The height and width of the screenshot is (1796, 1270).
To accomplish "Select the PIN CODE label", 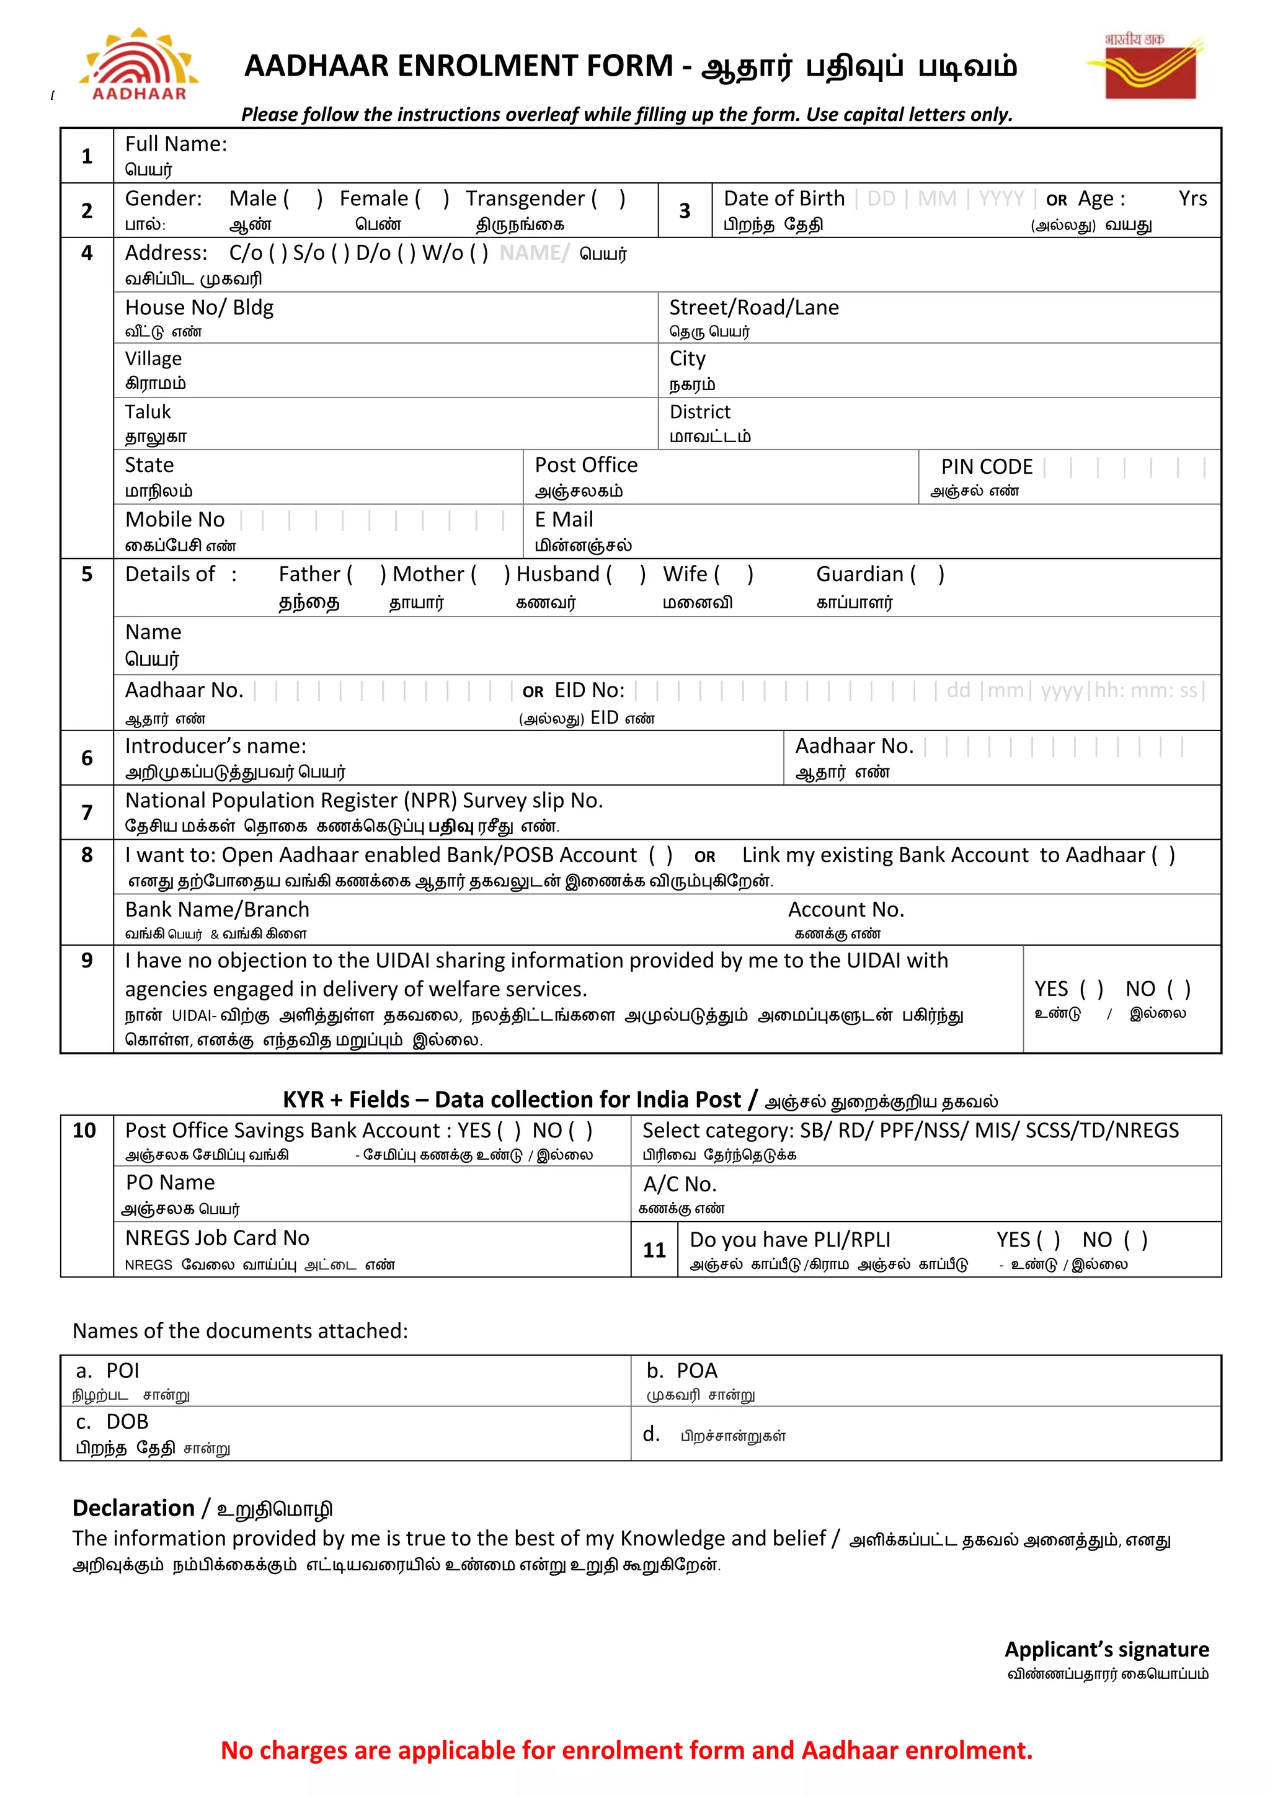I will point(986,467).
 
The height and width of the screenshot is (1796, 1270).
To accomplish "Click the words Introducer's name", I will point(216,746).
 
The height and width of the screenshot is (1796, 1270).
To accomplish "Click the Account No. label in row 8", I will point(845,910).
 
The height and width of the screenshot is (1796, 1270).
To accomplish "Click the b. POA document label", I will point(681,1371).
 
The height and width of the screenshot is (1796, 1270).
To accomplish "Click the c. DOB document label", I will point(112,1421).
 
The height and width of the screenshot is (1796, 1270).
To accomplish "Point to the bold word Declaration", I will point(133,1508).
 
